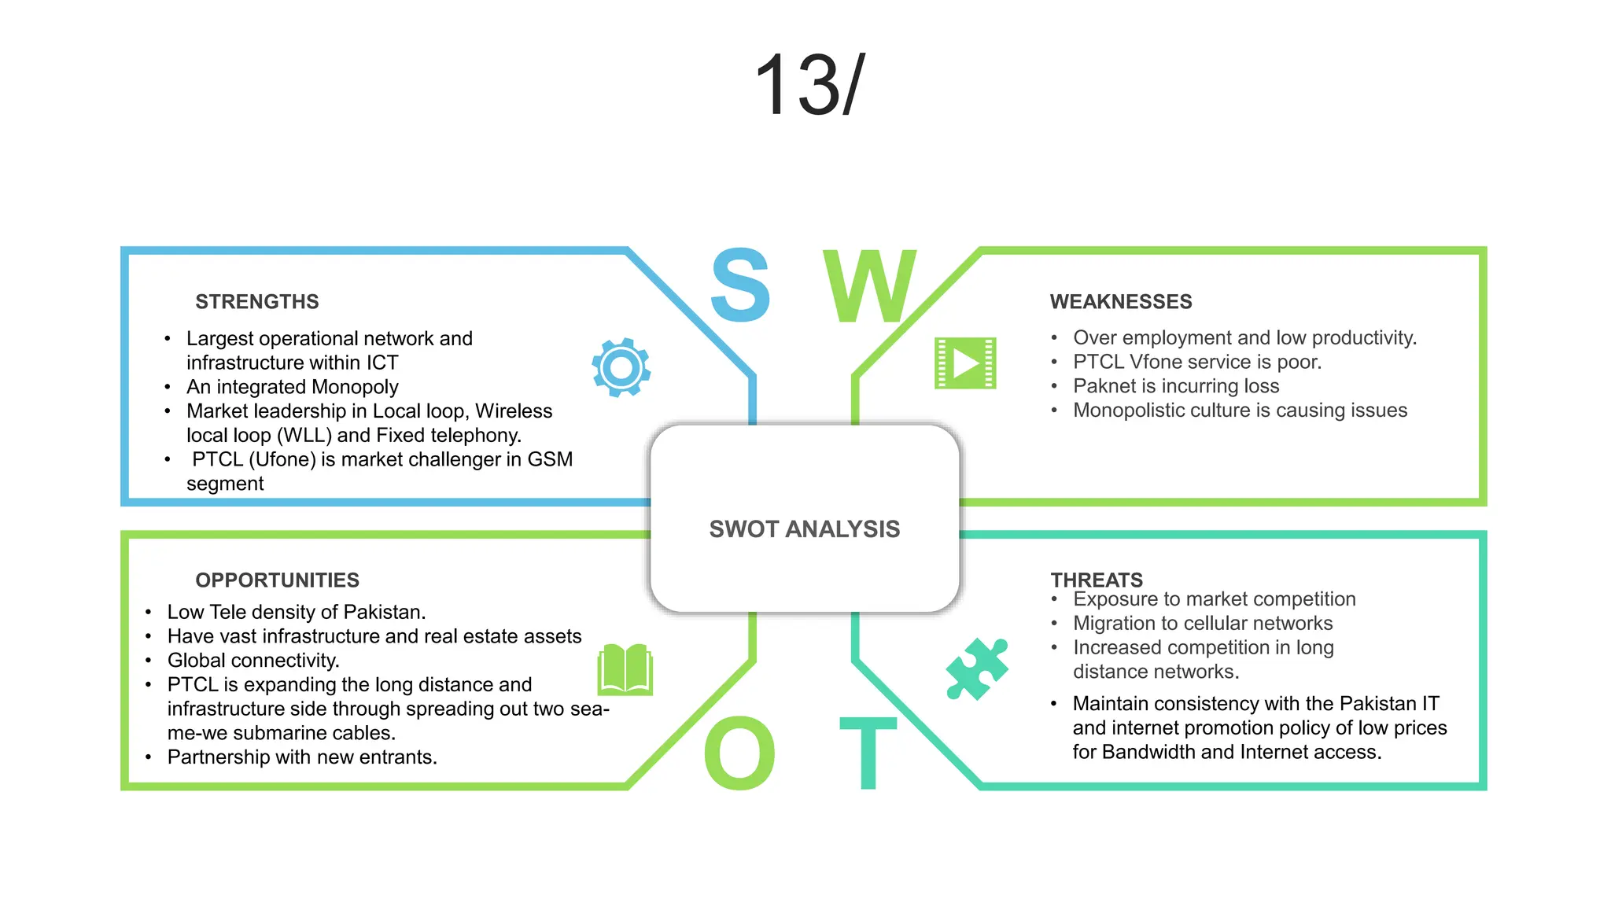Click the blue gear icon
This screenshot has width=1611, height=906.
pyautogui.click(x=621, y=367)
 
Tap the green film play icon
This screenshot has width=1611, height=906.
pyautogui.click(x=965, y=363)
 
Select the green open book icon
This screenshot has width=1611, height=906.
pyautogui.click(x=625, y=669)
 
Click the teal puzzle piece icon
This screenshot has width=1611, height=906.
pyautogui.click(x=976, y=668)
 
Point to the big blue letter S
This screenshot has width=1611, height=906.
pyautogui.click(x=739, y=285)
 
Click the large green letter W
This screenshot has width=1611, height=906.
pyautogui.click(x=870, y=286)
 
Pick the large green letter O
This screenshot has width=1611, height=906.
pyautogui.click(x=739, y=753)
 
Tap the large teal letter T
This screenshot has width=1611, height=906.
pyautogui.click(x=868, y=753)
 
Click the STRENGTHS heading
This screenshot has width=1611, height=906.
pyautogui.click(x=257, y=302)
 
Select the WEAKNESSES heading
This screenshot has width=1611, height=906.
pyautogui.click(x=1121, y=302)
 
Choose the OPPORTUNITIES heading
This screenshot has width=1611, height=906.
pyautogui.click(x=277, y=580)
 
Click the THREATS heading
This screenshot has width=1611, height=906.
pyautogui.click(x=1097, y=580)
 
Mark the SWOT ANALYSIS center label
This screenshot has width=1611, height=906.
pyautogui.click(x=805, y=529)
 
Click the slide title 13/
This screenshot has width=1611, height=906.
pyautogui.click(x=809, y=85)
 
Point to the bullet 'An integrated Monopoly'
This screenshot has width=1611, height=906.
pyautogui.click(x=293, y=387)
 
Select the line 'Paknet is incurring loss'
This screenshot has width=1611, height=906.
pyautogui.click(x=1176, y=386)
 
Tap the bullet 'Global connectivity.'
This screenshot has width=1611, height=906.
pyautogui.click(x=253, y=661)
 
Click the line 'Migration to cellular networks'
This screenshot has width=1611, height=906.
pyautogui.click(x=1203, y=624)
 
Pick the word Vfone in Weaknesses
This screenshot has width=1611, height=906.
pyautogui.click(x=1156, y=362)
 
